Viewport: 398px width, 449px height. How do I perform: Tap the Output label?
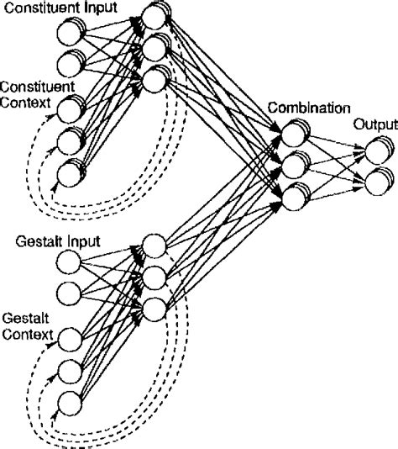point(374,124)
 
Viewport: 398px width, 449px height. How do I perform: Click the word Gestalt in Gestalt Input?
point(36,242)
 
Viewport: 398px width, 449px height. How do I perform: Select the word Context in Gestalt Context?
point(24,331)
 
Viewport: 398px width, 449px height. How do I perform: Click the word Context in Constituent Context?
point(24,102)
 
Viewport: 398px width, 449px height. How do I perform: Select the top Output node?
point(375,151)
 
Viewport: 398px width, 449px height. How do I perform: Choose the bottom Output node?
point(375,180)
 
